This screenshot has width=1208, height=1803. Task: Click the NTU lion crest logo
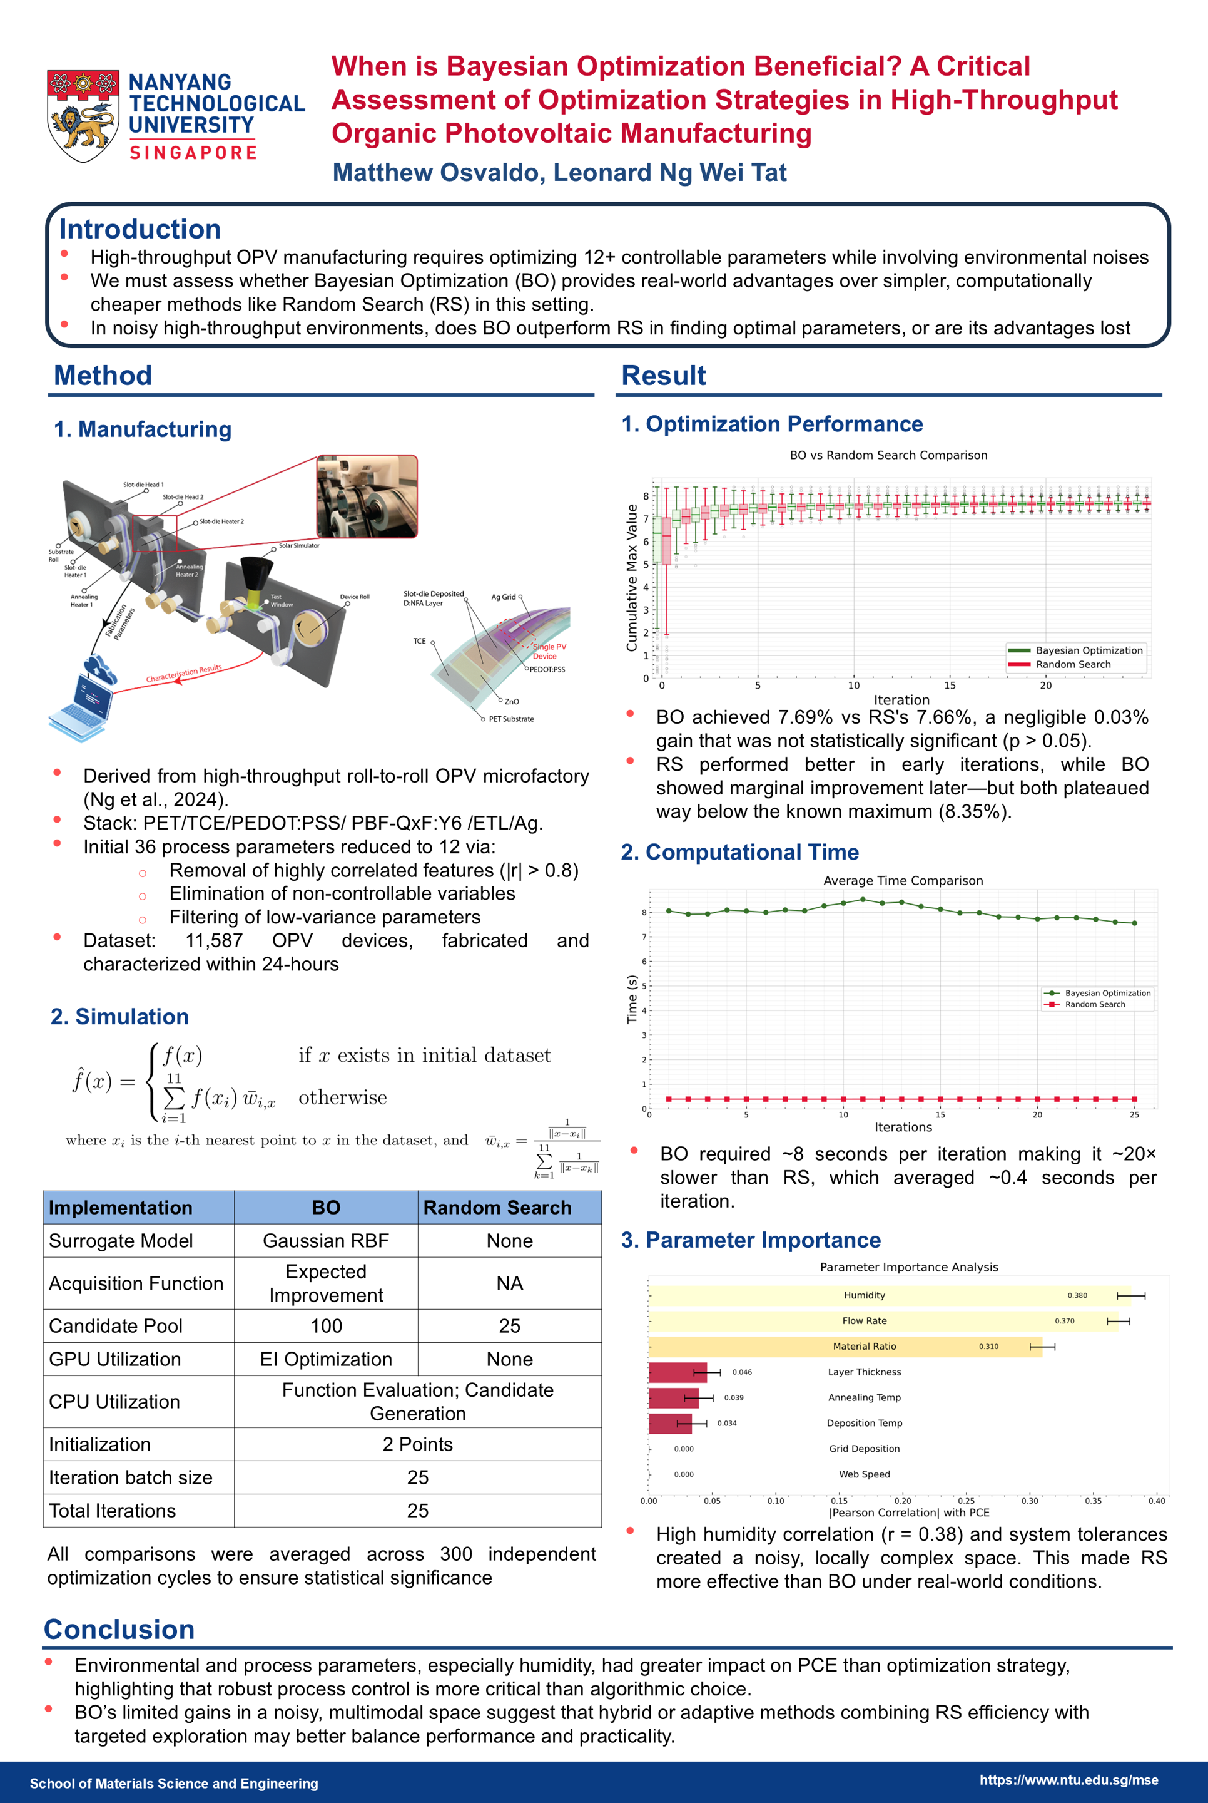83,116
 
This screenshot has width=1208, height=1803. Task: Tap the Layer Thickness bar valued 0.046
677,1372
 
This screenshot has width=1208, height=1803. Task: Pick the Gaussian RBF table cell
326,1240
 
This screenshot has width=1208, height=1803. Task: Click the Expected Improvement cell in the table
326,1283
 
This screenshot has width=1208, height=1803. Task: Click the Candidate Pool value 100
326,1326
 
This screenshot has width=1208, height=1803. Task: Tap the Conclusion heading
119,1630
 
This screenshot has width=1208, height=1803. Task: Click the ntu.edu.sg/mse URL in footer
1068,1780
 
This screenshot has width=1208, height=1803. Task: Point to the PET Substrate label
510,719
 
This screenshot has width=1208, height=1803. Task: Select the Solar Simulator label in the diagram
299,546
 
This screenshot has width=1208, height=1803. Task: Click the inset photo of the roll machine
367,496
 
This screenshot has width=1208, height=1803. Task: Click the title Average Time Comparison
903,880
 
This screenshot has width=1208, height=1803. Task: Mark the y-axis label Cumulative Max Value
632,577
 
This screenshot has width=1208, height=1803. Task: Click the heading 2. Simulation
120,1016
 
